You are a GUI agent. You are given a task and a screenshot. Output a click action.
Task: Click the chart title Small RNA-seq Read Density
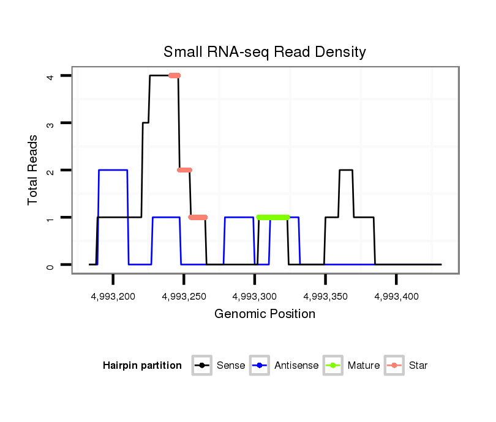pos(265,52)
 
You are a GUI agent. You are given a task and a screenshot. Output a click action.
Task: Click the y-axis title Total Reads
pos(33,170)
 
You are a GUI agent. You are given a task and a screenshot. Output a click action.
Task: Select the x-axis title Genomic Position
pos(265,314)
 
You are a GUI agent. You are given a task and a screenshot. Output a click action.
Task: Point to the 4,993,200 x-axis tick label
pos(113,297)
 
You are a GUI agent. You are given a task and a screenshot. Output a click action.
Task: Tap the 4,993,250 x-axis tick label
pos(184,297)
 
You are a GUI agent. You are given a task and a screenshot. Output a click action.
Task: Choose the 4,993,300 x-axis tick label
pos(255,297)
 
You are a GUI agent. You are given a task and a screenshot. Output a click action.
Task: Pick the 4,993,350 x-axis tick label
pos(325,297)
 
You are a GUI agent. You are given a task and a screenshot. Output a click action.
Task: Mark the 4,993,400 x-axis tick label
pos(396,297)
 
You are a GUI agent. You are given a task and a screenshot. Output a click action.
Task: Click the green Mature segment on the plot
pos(273,217)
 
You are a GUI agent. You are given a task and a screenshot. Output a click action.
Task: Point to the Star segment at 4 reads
pos(175,75)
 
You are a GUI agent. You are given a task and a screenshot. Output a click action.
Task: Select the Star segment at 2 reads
pos(184,170)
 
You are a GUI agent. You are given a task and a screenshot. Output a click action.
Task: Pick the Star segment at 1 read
pos(198,217)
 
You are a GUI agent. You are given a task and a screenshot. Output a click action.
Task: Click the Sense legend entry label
pos(231,366)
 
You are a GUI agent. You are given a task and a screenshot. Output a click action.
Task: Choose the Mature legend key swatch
pos(333,366)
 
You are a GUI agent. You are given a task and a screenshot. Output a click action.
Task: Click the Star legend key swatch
pos(394,366)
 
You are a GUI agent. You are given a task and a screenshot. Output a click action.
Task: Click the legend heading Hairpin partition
pos(142,366)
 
